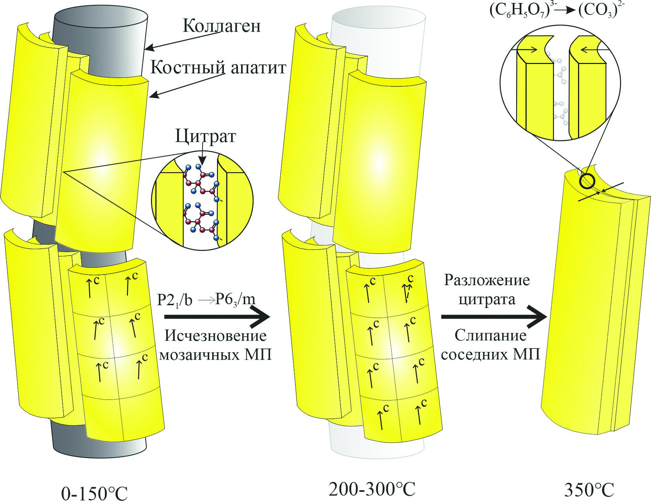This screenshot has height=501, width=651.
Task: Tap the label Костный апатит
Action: [x=219, y=68]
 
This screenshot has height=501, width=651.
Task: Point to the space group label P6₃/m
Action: [x=235, y=300]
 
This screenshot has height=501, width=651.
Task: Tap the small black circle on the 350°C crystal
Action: [x=587, y=180]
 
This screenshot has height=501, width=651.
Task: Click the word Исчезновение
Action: [x=216, y=336]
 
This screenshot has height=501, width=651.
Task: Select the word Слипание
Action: [x=490, y=336]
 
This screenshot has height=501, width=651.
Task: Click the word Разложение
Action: [x=487, y=280]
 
